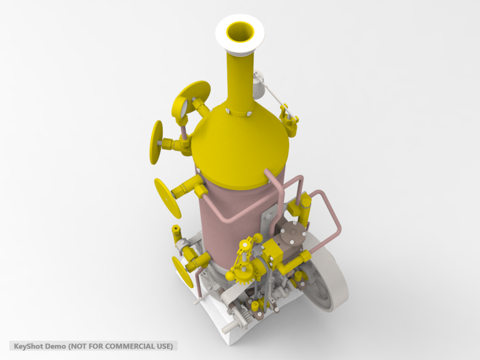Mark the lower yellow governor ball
(231, 276)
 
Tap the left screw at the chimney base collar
(227, 111)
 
